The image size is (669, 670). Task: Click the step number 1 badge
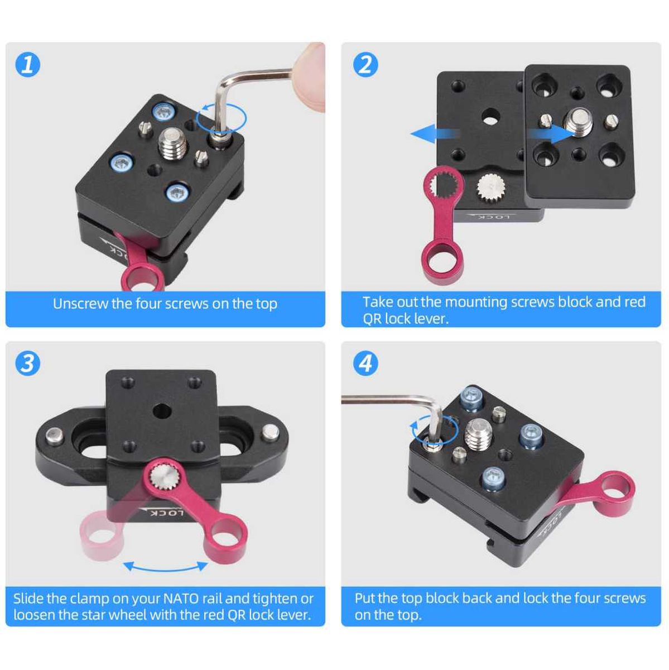click(x=27, y=64)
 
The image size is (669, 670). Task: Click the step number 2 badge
click(x=365, y=64)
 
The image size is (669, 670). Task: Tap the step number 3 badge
click(x=27, y=363)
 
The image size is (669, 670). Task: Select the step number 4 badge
click(x=365, y=363)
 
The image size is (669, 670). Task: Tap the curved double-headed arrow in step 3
click(x=166, y=566)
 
